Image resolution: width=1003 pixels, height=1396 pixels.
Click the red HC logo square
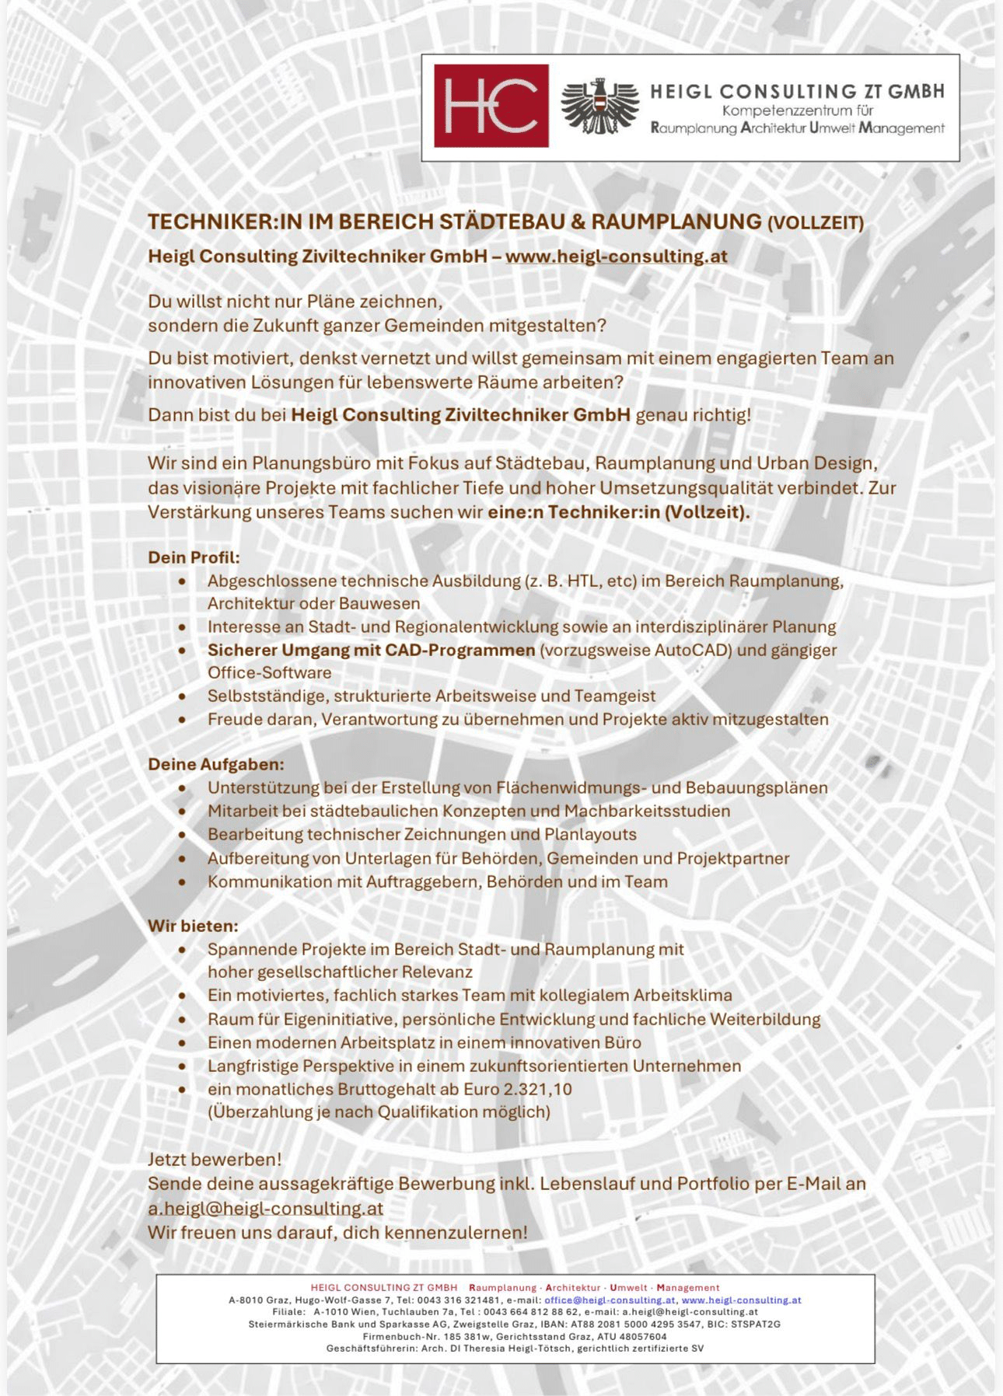click(491, 106)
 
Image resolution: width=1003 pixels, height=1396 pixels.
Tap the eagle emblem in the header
click(599, 106)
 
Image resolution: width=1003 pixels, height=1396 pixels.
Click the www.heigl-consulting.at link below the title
click(617, 257)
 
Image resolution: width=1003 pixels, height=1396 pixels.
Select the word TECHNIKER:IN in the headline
click(213, 222)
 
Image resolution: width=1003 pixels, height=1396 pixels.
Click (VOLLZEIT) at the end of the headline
click(816, 224)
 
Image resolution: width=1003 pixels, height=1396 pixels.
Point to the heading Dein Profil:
click(194, 557)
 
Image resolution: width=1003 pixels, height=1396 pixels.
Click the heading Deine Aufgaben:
click(216, 764)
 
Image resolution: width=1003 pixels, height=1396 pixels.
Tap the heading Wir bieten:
click(193, 926)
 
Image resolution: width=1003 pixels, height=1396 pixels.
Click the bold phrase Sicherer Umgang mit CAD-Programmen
click(371, 650)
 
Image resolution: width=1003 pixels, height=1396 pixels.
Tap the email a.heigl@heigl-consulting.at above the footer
click(265, 1209)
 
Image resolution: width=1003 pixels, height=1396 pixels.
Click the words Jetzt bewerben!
click(215, 1159)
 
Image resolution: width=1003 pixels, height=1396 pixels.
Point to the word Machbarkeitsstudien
click(647, 811)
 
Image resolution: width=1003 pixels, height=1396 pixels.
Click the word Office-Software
click(269, 672)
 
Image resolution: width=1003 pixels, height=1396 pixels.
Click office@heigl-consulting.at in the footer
click(610, 1300)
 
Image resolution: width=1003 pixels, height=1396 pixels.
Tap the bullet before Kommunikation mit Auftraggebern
click(182, 882)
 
